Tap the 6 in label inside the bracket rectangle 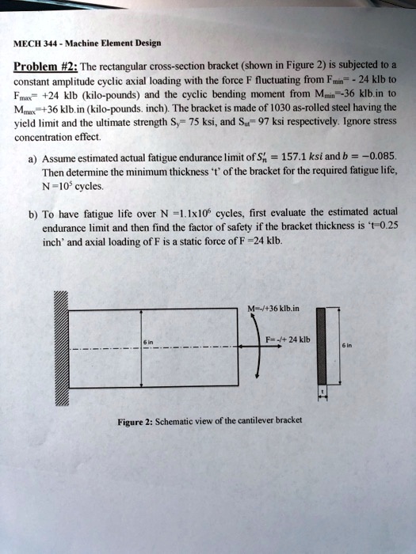148,342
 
